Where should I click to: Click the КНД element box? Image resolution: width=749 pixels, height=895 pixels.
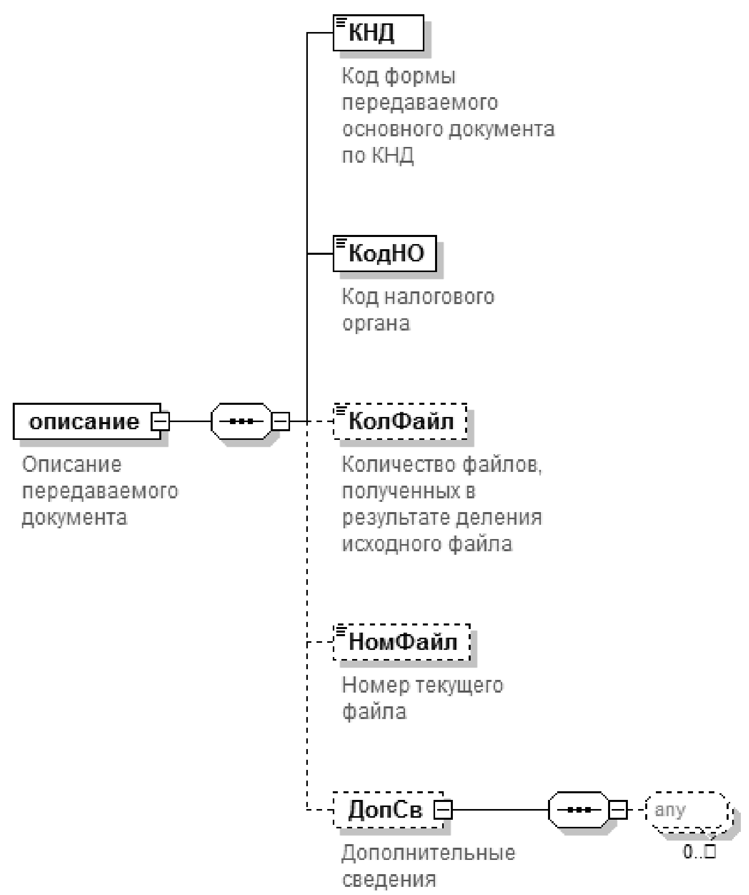(x=378, y=33)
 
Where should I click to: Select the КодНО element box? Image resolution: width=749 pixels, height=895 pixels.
(x=385, y=253)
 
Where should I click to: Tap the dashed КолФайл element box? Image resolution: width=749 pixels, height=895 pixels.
(x=400, y=422)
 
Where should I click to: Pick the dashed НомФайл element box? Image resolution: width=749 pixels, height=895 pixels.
(x=401, y=642)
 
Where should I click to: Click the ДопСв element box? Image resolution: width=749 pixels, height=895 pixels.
(x=385, y=810)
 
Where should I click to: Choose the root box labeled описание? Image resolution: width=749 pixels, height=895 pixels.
(x=83, y=422)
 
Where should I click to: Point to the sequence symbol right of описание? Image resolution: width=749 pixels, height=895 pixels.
(x=241, y=422)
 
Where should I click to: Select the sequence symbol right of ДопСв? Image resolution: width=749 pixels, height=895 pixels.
(x=579, y=810)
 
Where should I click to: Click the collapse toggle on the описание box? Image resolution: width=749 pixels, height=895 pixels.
(x=161, y=422)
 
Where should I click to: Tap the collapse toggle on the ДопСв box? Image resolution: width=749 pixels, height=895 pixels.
(x=443, y=810)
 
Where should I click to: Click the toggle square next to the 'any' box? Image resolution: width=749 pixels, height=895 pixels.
(x=618, y=810)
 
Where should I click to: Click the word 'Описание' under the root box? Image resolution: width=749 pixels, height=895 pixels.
(x=72, y=465)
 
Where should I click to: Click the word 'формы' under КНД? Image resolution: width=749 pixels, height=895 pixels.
(x=420, y=77)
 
